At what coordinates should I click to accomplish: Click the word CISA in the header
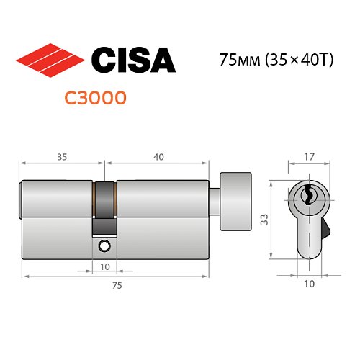135,60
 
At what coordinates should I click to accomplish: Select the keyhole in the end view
307,195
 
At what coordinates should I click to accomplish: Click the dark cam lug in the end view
326,230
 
